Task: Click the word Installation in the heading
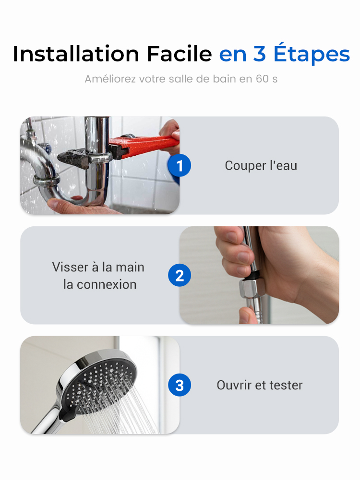click(76, 54)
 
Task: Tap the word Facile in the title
click(179, 54)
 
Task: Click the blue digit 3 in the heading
click(259, 54)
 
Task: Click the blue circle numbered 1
click(179, 165)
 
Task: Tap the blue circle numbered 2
click(179, 275)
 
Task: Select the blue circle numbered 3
click(179, 385)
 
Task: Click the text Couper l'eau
click(261, 165)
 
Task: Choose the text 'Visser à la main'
click(98, 267)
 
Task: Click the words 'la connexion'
click(100, 285)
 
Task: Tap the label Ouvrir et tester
click(260, 385)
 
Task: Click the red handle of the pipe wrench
click(144, 146)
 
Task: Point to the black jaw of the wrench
click(73, 157)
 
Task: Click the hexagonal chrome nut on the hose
click(252, 288)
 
